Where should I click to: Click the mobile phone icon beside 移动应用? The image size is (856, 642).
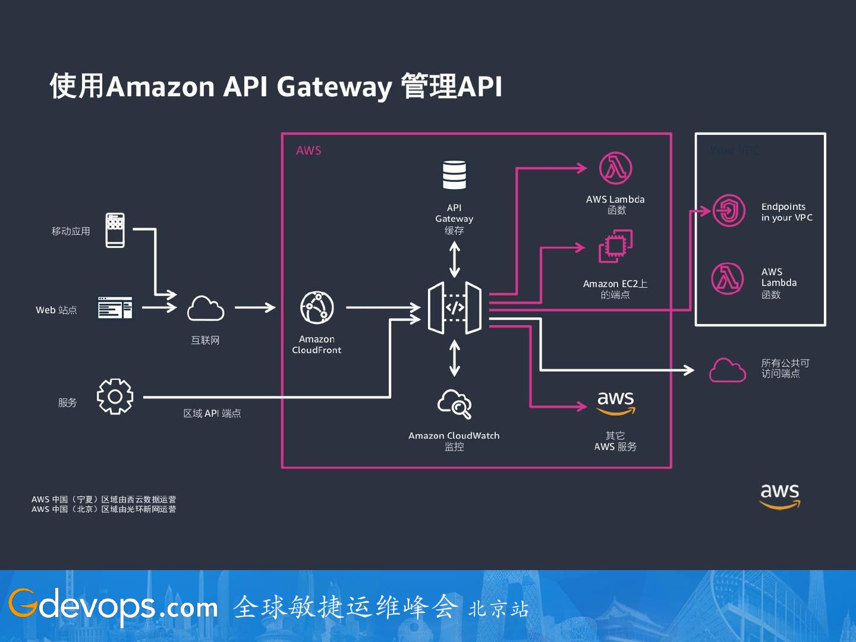coord(115,230)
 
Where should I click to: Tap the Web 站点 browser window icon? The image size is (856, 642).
coord(115,308)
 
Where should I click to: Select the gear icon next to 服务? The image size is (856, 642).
coord(115,396)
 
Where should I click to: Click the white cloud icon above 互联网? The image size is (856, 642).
coord(205,309)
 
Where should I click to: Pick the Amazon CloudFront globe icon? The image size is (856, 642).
coord(317,307)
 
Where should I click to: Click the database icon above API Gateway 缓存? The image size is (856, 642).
coord(454,175)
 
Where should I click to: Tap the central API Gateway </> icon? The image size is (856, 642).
coord(455,308)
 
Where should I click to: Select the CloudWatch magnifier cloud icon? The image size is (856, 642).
coord(455,404)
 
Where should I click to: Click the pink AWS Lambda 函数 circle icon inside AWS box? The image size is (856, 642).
coord(615,168)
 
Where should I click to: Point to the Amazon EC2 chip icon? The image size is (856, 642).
coord(615,246)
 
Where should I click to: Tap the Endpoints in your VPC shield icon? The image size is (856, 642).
coord(729,210)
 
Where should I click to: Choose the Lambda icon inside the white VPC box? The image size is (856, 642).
coord(728,278)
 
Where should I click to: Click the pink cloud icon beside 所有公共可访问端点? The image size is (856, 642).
coord(728,370)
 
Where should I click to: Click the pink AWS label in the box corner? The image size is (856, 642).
coord(309,151)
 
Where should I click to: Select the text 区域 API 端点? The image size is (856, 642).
coord(212,413)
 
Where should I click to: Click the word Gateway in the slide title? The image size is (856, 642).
coord(334,87)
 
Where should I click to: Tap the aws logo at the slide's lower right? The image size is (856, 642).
coord(780,496)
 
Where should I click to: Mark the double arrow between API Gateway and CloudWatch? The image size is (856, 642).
coord(455,358)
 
